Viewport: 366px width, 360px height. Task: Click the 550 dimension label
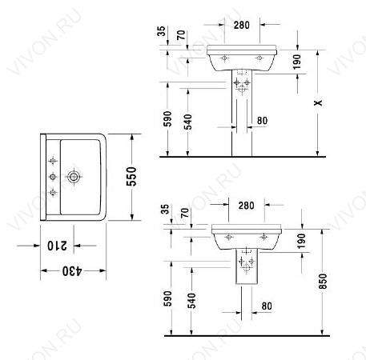131,177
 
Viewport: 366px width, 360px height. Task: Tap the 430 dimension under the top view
72,271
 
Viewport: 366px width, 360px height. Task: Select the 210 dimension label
57,246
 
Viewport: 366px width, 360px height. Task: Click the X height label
318,102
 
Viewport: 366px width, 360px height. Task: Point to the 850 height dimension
323,281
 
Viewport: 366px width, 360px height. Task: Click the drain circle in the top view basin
74,177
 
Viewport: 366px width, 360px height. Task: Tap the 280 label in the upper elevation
242,25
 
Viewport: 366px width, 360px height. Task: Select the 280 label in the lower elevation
246,206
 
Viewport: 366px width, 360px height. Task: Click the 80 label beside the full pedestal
262,121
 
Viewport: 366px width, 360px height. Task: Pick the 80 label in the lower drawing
267,306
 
